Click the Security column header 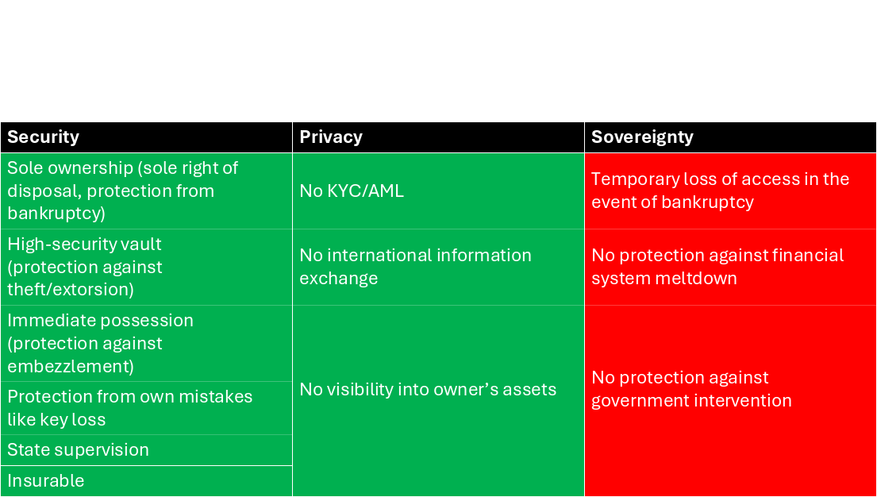click(x=146, y=137)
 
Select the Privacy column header click(x=438, y=137)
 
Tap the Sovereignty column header click(x=730, y=137)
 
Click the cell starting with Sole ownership click(x=146, y=191)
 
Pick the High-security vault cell click(x=146, y=267)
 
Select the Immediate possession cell click(x=146, y=343)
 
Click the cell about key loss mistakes click(x=146, y=408)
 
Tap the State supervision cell click(x=146, y=450)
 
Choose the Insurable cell click(x=146, y=481)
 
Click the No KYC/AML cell click(x=438, y=191)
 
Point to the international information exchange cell click(x=438, y=267)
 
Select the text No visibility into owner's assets click(x=428, y=390)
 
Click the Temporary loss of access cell click(x=730, y=191)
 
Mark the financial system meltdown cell click(x=730, y=267)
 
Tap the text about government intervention click(x=691, y=390)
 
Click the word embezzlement click(x=71, y=367)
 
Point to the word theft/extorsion click(x=71, y=290)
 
